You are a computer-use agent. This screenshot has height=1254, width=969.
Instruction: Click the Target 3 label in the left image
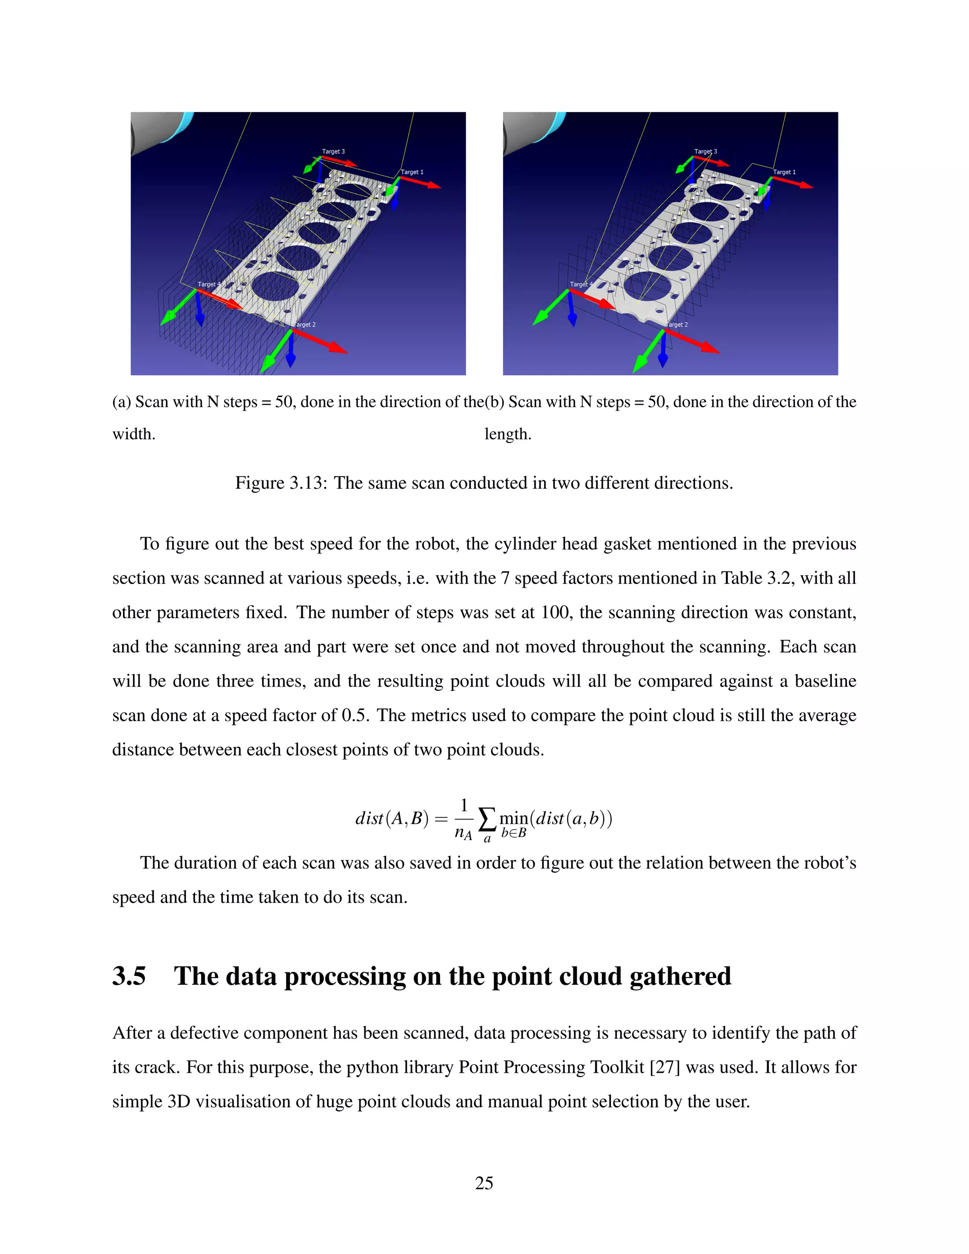point(333,151)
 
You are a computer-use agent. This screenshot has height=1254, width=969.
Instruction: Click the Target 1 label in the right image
point(784,172)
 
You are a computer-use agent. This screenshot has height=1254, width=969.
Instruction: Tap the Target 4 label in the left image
point(208,284)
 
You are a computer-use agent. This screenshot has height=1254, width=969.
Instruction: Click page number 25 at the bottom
point(484,1183)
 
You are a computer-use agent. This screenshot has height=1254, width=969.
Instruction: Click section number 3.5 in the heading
point(129,977)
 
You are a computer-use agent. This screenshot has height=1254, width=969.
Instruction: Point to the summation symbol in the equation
point(486,819)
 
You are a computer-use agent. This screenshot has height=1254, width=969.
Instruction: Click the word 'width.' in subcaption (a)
point(134,434)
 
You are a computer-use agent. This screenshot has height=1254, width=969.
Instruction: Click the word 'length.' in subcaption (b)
point(508,434)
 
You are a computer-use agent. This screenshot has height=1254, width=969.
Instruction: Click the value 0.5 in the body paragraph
point(355,715)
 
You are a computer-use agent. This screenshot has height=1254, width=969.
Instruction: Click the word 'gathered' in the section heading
point(680,977)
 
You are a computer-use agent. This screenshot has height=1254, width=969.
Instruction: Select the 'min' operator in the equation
point(513,818)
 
